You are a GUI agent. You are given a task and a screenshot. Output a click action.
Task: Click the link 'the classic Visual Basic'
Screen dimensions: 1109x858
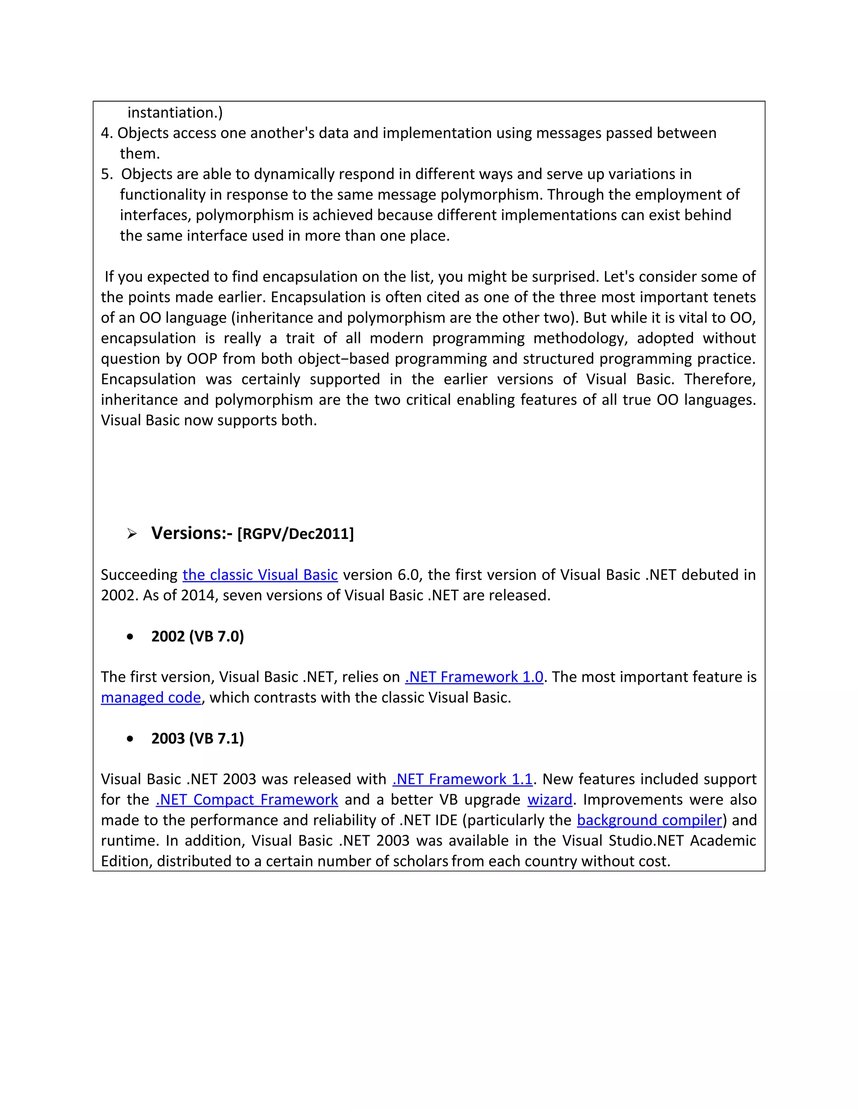(x=260, y=575)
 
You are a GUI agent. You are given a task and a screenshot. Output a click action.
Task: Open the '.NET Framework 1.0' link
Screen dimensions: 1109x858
(x=474, y=677)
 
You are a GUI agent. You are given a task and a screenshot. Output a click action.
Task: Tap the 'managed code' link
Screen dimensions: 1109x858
(x=151, y=698)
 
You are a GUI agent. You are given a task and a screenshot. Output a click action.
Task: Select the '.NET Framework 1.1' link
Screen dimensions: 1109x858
(x=462, y=779)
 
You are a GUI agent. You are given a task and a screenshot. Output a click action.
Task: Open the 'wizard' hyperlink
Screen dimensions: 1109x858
(x=550, y=800)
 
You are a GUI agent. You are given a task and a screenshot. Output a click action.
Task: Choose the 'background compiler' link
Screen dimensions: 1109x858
(x=649, y=820)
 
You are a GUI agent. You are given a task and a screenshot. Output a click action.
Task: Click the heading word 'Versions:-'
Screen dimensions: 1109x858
(x=191, y=533)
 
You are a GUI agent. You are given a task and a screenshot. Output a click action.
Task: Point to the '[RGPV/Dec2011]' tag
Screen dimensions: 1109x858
(x=295, y=534)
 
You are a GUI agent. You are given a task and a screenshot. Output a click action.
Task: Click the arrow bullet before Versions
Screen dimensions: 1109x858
(x=132, y=534)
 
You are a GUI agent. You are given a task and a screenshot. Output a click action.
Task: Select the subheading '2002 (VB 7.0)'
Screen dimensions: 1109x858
(x=197, y=636)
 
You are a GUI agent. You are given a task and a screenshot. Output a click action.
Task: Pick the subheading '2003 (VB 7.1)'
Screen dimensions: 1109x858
(x=197, y=738)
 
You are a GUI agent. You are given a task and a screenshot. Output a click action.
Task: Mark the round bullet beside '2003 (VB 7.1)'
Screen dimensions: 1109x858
(x=130, y=739)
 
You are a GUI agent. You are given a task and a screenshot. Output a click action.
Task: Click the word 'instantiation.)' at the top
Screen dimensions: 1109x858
(x=175, y=113)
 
